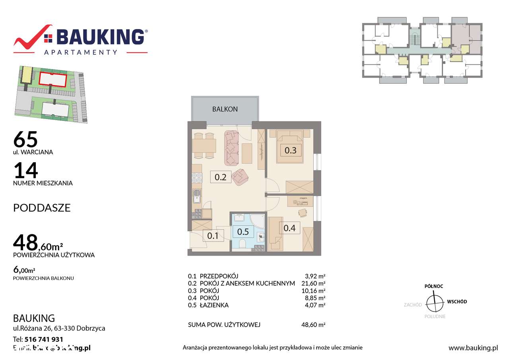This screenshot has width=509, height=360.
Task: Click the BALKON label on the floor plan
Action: (225, 109)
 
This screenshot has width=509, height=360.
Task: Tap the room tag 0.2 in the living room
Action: (220, 177)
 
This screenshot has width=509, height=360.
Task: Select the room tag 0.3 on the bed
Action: (291, 150)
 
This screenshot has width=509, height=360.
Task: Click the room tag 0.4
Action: (289, 228)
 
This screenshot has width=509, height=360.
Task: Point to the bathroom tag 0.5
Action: (243, 231)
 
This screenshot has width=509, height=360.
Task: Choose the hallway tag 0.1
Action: (213, 235)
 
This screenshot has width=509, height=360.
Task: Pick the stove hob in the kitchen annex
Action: (197, 179)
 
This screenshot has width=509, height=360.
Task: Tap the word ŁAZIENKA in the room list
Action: (214, 305)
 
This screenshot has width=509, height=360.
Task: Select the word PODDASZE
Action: (42, 208)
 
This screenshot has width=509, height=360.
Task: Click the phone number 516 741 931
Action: (44, 339)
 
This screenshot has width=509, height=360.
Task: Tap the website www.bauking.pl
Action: (473, 348)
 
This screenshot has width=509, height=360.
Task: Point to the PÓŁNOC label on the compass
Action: (433, 286)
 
